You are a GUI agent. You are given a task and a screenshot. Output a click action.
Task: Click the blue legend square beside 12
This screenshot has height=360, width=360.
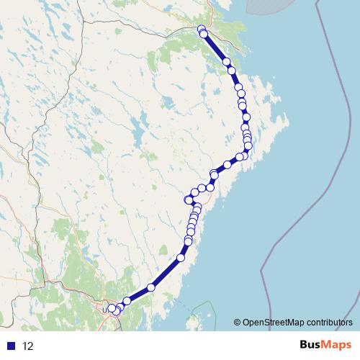pyautogui.click(x=11, y=346)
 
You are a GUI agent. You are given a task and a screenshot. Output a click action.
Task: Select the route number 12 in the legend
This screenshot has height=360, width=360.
pyautogui.click(x=28, y=346)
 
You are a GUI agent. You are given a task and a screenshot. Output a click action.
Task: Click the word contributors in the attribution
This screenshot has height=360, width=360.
pyautogui.click(x=328, y=322)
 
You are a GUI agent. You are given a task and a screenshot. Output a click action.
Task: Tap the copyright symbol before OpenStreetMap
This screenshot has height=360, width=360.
pyautogui.click(x=237, y=322)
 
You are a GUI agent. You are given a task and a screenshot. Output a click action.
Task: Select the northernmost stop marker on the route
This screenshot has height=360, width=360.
pyautogui.click(x=202, y=29)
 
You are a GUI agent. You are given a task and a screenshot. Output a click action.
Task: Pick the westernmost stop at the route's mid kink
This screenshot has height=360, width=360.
pyautogui.click(x=188, y=199)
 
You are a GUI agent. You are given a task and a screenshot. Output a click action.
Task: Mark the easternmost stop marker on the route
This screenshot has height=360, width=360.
pyautogui.click(x=249, y=146)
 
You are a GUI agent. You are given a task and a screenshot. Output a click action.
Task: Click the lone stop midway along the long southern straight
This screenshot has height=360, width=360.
pyautogui.click(x=151, y=287)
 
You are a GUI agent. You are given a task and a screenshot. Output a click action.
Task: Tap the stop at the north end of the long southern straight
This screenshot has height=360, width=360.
pyautogui.click(x=181, y=257)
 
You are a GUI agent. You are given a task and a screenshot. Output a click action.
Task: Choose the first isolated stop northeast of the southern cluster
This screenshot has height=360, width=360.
pyautogui.click(x=127, y=301)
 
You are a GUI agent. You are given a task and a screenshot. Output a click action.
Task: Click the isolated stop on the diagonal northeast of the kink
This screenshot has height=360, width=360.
pyautogui.click(x=228, y=165)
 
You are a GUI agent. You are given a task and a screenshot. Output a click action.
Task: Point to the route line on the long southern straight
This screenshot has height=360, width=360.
pyautogui.click(x=166, y=273)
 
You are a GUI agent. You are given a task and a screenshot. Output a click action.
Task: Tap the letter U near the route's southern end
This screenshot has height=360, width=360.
pyautogui.click(x=104, y=310)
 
